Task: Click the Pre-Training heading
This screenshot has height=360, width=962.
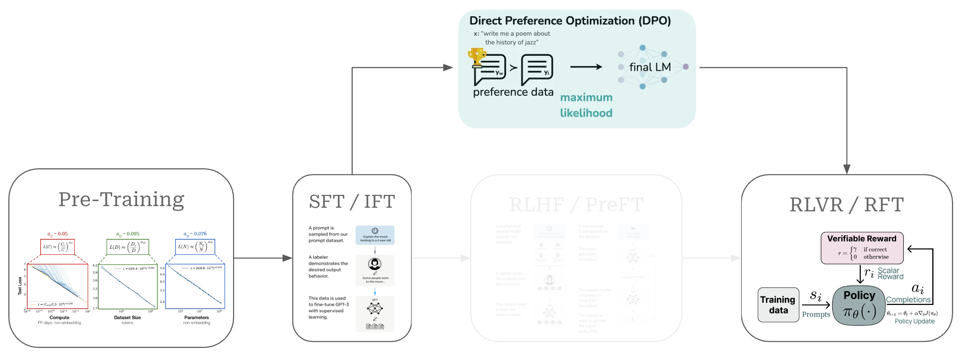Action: click(x=121, y=200)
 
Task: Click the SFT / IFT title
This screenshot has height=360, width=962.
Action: click(x=352, y=202)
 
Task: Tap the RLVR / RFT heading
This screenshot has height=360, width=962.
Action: click(x=846, y=205)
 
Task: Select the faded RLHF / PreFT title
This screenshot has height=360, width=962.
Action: click(x=576, y=205)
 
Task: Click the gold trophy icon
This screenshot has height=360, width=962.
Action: click(x=477, y=57)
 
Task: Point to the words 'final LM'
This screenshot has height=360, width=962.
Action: click(x=650, y=67)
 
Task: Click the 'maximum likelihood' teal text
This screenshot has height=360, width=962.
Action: click(x=586, y=105)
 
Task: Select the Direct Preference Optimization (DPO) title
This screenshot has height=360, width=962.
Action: click(x=570, y=21)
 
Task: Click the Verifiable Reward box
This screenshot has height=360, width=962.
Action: click(x=862, y=248)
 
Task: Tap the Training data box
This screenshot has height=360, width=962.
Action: click(x=778, y=305)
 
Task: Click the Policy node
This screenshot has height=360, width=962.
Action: click(x=859, y=305)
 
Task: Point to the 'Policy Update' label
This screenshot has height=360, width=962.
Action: click(x=914, y=321)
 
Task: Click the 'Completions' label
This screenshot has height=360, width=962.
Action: click(x=908, y=300)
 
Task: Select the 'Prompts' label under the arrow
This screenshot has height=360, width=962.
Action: click(x=816, y=315)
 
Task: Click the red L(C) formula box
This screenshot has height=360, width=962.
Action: click(x=57, y=247)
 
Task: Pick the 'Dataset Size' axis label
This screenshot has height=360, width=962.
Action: click(x=127, y=317)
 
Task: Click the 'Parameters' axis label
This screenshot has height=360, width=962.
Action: click(x=196, y=317)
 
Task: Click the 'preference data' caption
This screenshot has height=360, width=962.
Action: click(x=513, y=92)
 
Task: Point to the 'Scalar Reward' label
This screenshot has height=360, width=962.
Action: click(x=890, y=274)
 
